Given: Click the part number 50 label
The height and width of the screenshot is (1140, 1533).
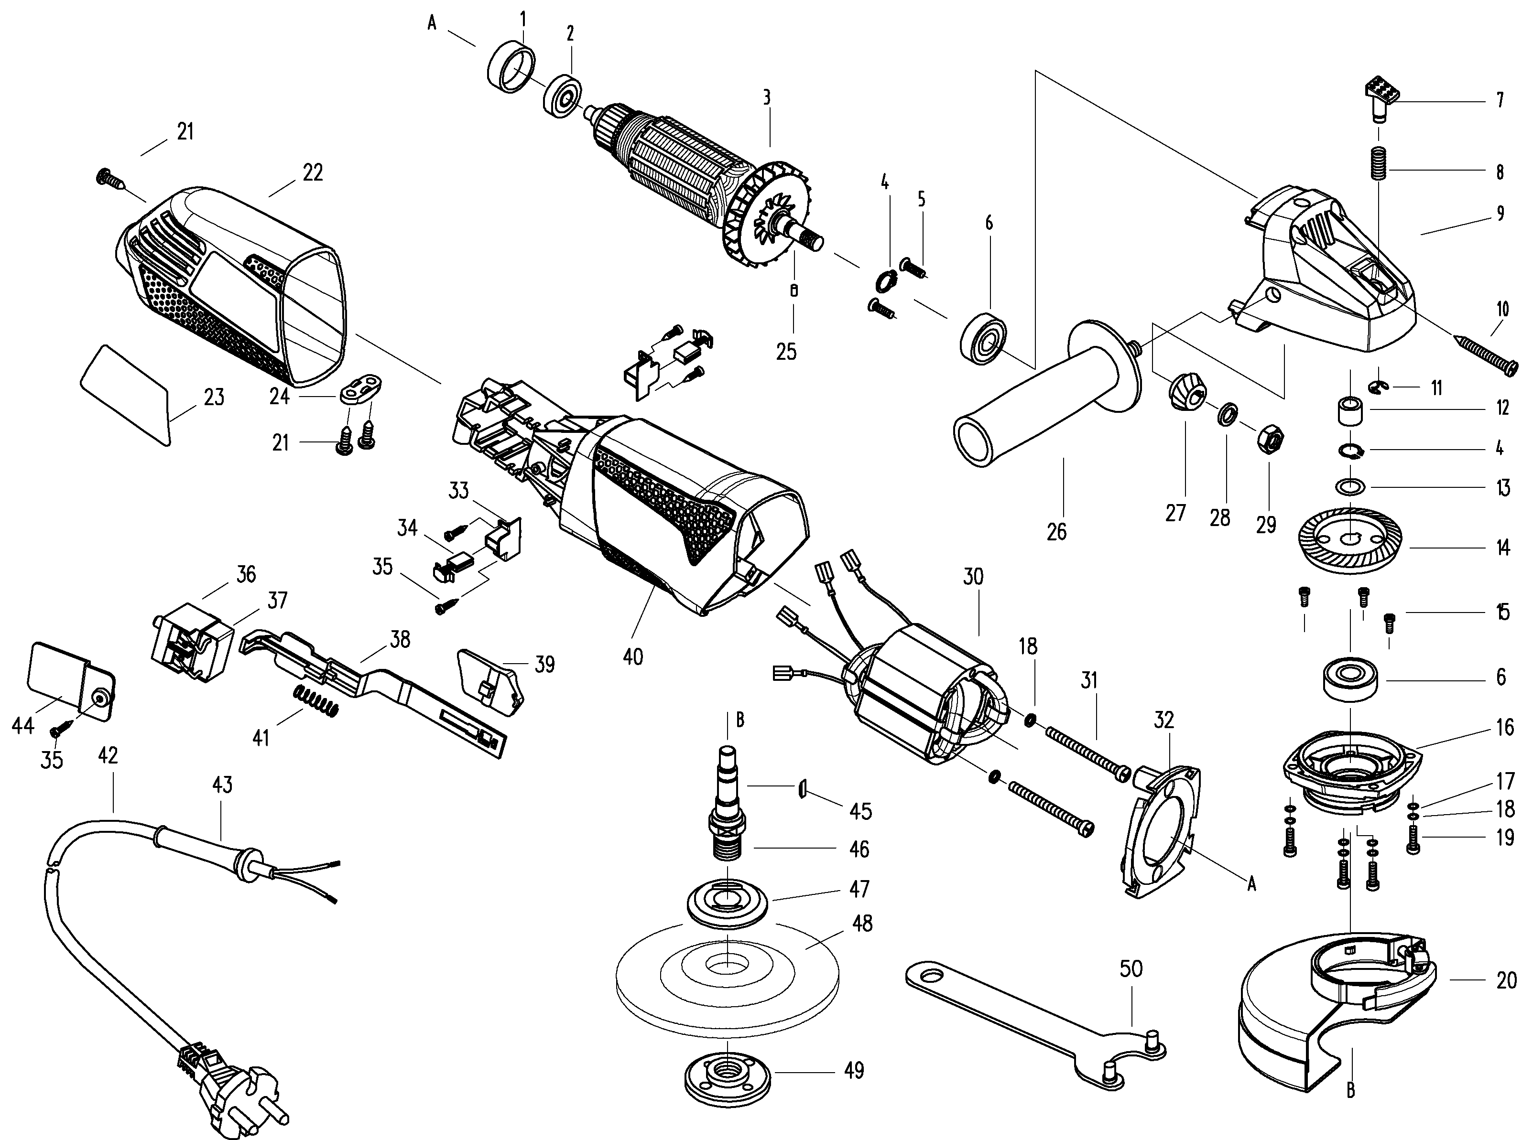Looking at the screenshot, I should (x=1131, y=969).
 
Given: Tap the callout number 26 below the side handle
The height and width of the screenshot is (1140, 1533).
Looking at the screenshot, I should (x=1057, y=531).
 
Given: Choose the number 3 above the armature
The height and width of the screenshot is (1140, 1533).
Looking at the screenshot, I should (x=766, y=97).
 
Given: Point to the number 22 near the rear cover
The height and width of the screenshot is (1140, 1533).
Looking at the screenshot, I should (x=313, y=172).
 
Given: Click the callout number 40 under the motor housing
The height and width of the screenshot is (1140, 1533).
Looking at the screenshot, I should (x=632, y=656).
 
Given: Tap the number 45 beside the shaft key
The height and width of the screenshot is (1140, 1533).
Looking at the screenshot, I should (x=860, y=811).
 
